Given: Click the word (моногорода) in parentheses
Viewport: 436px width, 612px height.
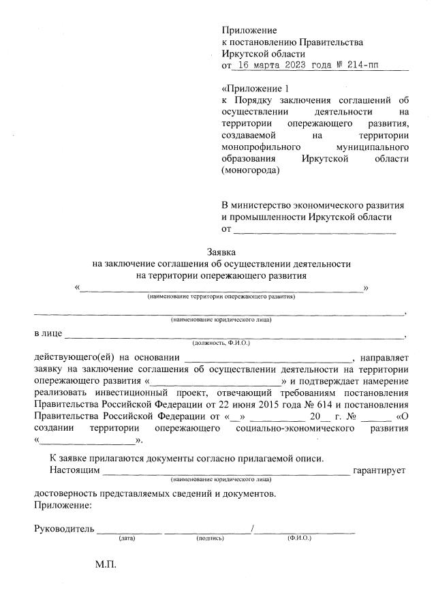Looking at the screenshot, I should click(251, 170).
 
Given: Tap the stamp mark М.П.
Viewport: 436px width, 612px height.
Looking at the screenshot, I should click(106, 566).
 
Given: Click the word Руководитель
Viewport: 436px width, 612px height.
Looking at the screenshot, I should click(63, 529).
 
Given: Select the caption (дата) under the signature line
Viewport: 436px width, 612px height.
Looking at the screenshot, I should click(127, 538).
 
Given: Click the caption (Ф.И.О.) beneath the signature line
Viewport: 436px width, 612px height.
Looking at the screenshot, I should click(299, 538).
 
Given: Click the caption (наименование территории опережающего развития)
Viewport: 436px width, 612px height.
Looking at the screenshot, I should click(221, 296).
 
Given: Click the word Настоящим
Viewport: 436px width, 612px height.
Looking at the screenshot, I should click(74, 470).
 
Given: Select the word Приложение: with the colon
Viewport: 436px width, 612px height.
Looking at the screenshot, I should click(62, 505).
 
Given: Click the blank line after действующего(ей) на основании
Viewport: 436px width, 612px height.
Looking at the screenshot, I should click(267, 358).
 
